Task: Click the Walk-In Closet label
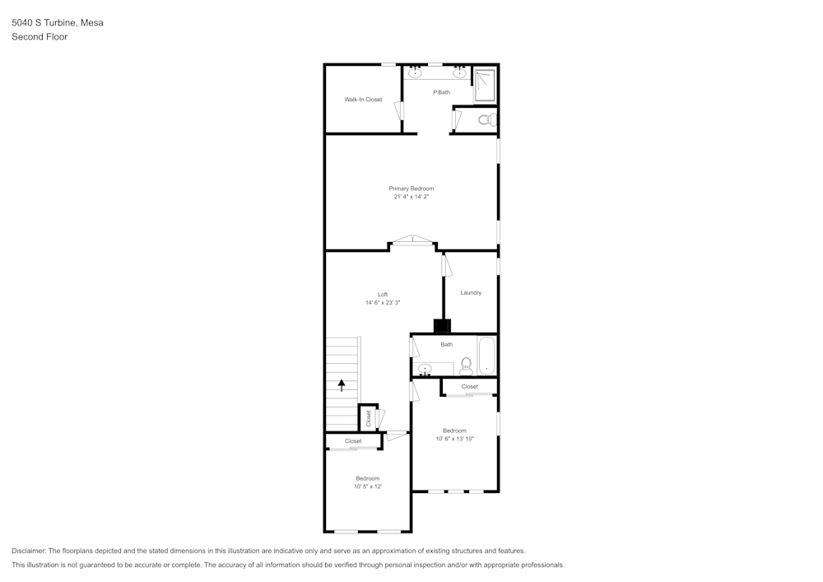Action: pyautogui.click(x=363, y=100)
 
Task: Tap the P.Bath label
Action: pyautogui.click(x=442, y=92)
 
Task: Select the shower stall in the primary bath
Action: pyautogui.click(x=485, y=86)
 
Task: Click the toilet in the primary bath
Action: pyautogui.click(x=486, y=120)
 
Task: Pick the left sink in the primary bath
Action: pyautogui.click(x=416, y=73)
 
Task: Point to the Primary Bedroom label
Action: pyautogui.click(x=411, y=189)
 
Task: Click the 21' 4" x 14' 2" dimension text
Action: pyautogui.click(x=411, y=197)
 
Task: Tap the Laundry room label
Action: pyautogui.click(x=471, y=292)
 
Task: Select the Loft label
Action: pyautogui.click(x=383, y=295)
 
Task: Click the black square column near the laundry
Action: pyautogui.click(x=442, y=325)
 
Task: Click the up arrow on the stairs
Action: pyautogui.click(x=342, y=384)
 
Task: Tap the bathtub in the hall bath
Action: pyautogui.click(x=487, y=355)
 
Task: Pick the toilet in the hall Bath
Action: pyautogui.click(x=466, y=364)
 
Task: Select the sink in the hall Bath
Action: pyautogui.click(x=425, y=369)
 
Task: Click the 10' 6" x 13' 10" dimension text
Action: pyautogui.click(x=455, y=439)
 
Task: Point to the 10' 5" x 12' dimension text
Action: pyautogui.click(x=368, y=487)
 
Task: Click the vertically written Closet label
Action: pyautogui.click(x=369, y=418)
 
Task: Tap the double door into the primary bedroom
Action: pyautogui.click(x=412, y=241)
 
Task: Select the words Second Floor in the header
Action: pyautogui.click(x=40, y=37)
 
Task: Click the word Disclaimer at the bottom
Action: pyautogui.click(x=29, y=551)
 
